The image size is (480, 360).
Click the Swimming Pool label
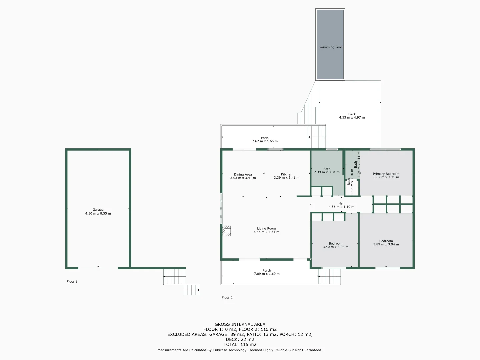(330, 47)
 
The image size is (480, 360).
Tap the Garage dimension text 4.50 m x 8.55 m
(98, 214)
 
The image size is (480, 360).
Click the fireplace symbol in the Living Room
(227, 231)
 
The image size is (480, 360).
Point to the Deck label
(352, 114)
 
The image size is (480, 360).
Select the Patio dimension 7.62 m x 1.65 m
(265, 141)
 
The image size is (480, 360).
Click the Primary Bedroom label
(386, 174)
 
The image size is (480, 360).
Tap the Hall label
(341, 203)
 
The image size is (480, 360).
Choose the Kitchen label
(287, 174)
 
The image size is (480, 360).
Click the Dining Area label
(243, 174)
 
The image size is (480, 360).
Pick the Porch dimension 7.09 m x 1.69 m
(267, 274)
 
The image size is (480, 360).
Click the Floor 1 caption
(72, 282)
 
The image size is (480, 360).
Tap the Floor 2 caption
(227, 298)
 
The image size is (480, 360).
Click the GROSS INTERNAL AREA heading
(240, 324)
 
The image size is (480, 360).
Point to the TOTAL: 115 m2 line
(240, 345)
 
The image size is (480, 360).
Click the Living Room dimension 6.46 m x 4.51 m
(266, 232)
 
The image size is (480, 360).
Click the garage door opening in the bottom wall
(98, 268)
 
